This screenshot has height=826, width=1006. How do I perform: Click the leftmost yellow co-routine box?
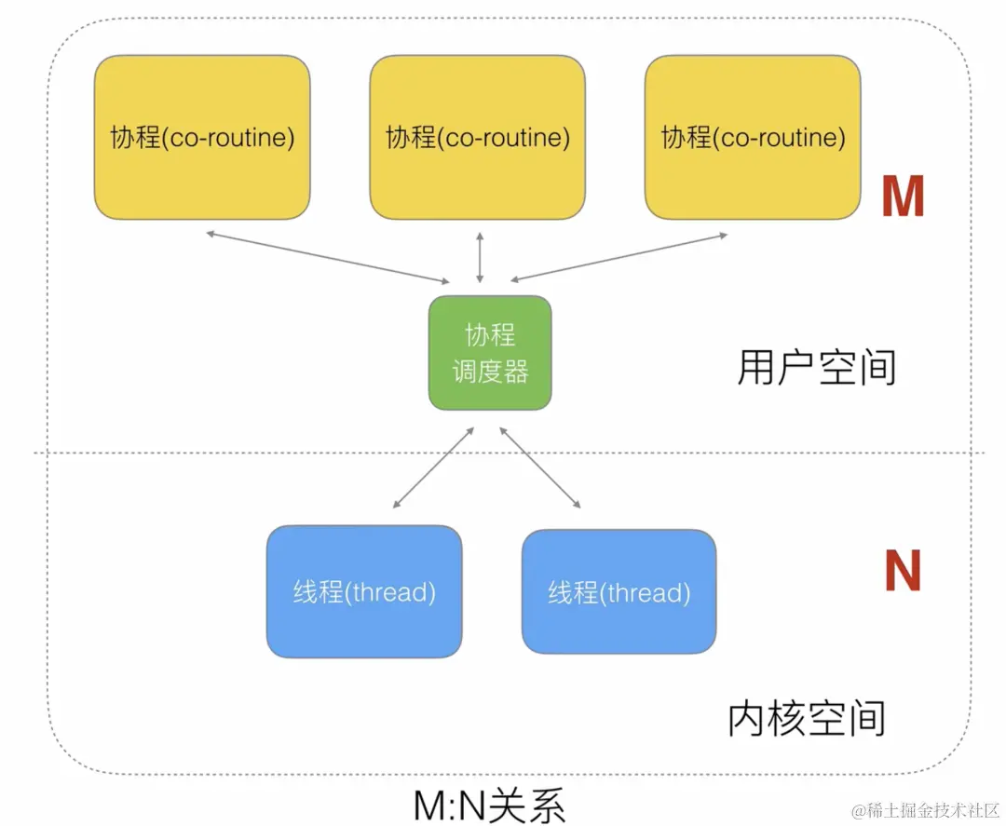(x=202, y=138)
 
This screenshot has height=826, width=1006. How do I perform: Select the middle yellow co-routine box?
(x=477, y=138)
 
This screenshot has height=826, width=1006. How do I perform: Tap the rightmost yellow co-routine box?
(x=753, y=138)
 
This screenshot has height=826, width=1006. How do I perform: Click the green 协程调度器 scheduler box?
(x=490, y=353)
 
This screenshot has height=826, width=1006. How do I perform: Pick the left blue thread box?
(x=364, y=591)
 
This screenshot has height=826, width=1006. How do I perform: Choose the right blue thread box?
(x=619, y=592)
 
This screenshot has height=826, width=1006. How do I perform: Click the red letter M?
(x=902, y=197)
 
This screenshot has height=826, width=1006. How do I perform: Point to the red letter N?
(x=902, y=571)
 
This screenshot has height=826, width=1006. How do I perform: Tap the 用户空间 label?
(x=816, y=369)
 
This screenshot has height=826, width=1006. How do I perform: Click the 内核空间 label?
(x=806, y=719)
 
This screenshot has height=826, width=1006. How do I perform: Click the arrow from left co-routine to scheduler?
(x=326, y=256)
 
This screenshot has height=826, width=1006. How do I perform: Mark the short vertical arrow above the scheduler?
(x=480, y=259)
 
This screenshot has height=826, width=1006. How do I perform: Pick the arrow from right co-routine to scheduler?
(x=619, y=257)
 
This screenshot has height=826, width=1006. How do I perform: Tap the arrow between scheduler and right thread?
(x=540, y=468)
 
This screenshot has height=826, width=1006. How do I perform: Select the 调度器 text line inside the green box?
(x=490, y=372)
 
